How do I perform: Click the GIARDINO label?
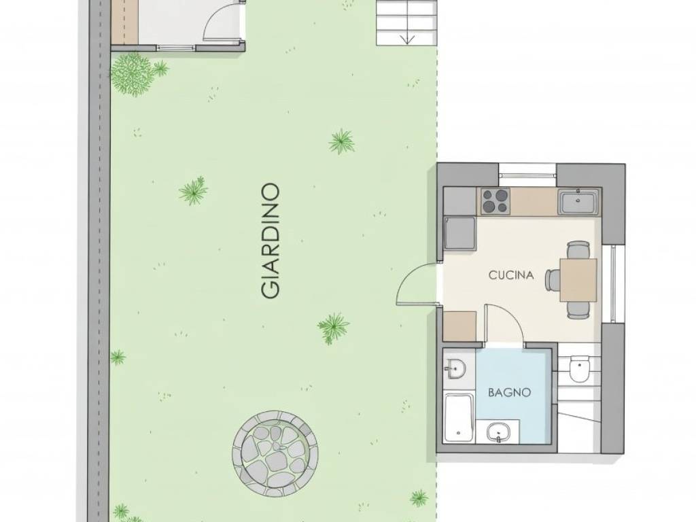point(271,241)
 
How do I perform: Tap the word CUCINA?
point(511,275)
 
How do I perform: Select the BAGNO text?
point(509,392)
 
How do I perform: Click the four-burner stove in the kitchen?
point(495,201)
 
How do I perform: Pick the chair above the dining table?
point(578,250)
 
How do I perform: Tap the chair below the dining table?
point(578,310)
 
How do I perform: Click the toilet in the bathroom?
point(579,368)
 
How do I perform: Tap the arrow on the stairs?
point(408,39)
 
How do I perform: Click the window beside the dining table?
point(614,283)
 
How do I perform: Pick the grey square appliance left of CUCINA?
point(459,233)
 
